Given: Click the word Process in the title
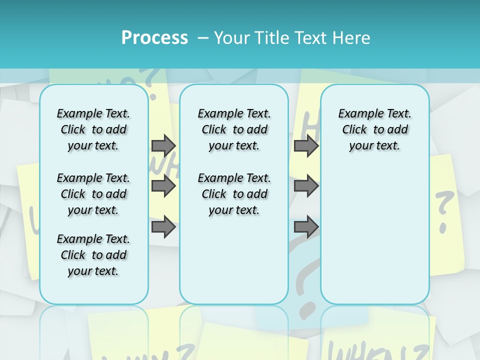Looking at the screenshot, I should pyautogui.click(x=154, y=38).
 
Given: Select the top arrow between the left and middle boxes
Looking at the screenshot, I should pyautogui.click(x=163, y=145).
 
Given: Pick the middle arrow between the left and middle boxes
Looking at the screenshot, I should pyautogui.click(x=163, y=186).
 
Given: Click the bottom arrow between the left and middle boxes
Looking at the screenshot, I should pyautogui.click(x=163, y=227).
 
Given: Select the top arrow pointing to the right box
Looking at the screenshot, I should pyautogui.click(x=306, y=145).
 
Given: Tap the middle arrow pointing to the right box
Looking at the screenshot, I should pyautogui.click(x=306, y=186).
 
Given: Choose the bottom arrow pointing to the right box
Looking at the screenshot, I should pyautogui.click(x=306, y=227).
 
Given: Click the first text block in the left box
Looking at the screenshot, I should pyautogui.click(x=93, y=129).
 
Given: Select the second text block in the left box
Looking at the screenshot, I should pyautogui.click(x=93, y=194).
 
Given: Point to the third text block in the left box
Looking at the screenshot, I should pyautogui.click(x=93, y=255).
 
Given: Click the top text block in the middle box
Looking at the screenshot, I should pyautogui.click(x=234, y=129).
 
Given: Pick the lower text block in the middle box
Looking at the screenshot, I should pyautogui.click(x=234, y=194).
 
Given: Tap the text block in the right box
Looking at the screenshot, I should pyautogui.click(x=375, y=129).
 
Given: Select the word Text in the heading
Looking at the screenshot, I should pyautogui.click(x=309, y=38).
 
